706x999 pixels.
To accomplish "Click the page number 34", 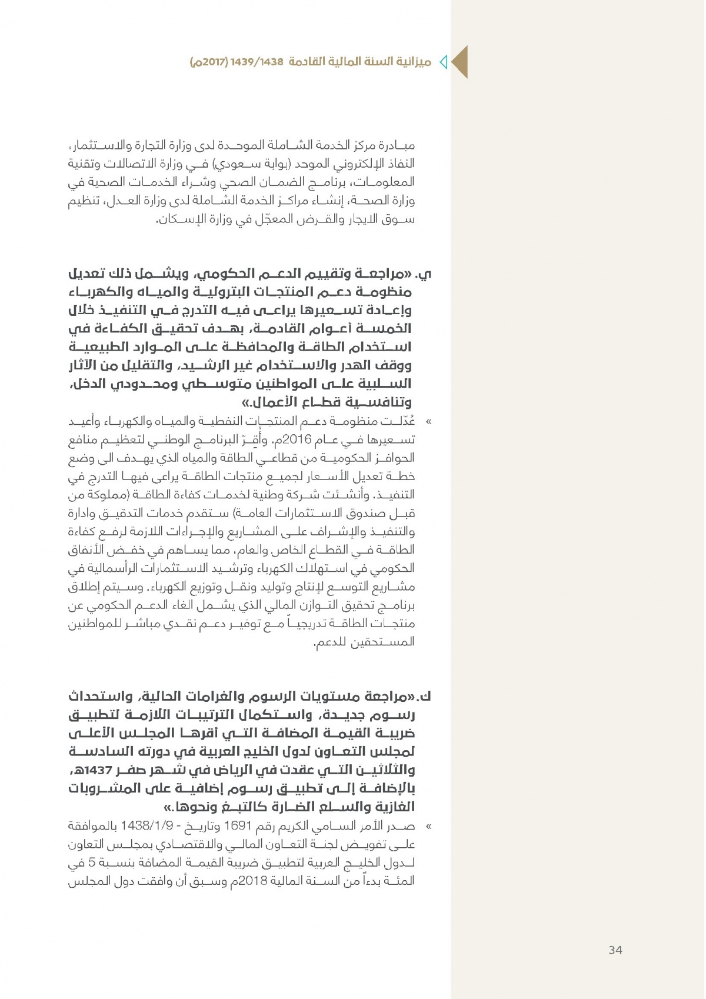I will (x=615, y=950).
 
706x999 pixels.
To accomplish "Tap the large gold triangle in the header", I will (x=460, y=62).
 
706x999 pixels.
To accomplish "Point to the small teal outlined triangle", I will (x=444, y=62).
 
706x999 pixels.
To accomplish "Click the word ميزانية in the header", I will (x=411, y=62).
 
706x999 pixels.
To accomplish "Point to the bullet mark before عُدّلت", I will (x=428, y=422).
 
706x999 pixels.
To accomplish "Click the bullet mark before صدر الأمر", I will (x=428, y=827).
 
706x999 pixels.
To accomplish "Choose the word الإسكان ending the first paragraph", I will (x=176, y=219).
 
